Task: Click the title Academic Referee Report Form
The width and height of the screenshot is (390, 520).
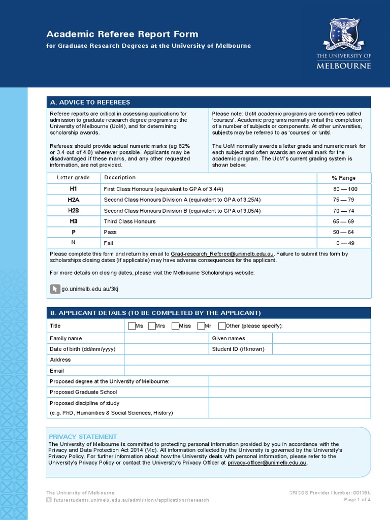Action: pyautogui.click(x=122, y=35)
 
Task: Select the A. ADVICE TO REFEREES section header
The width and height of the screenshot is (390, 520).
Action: pyautogui.click(x=90, y=102)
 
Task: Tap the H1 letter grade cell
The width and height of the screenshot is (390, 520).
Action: pyautogui.click(x=74, y=188)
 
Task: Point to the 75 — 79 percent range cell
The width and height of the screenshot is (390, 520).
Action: pyautogui.click(x=344, y=200)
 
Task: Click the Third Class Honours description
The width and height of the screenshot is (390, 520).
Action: pyautogui.click(x=129, y=221)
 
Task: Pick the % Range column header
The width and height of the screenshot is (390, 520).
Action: pyautogui.click(x=344, y=178)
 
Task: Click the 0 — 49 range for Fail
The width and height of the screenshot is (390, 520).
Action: pyautogui.click(x=345, y=243)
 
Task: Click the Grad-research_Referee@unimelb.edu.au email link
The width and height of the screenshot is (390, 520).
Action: pyautogui.click(x=222, y=253)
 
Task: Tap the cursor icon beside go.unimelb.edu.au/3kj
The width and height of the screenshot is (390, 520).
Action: pyautogui.click(x=55, y=288)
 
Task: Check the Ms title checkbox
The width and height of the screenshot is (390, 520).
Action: pyautogui.click(x=132, y=326)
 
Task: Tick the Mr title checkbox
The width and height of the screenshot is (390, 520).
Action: pyautogui.click(x=201, y=326)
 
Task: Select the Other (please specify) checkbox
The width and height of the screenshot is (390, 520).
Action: pyautogui.click(x=222, y=326)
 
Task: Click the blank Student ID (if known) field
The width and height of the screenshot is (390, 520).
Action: pyautogui.click(x=321, y=349)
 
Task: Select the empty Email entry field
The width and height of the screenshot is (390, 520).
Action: pyautogui.click(x=247, y=371)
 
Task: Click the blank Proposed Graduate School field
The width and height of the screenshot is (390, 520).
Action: pyautogui.click(x=289, y=392)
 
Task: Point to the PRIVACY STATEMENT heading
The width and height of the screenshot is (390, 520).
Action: pyautogui.click(x=83, y=437)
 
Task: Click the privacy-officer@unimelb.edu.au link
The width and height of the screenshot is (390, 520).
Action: pyautogui.click(x=267, y=463)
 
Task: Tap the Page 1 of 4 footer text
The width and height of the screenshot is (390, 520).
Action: pyautogui.click(x=357, y=500)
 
